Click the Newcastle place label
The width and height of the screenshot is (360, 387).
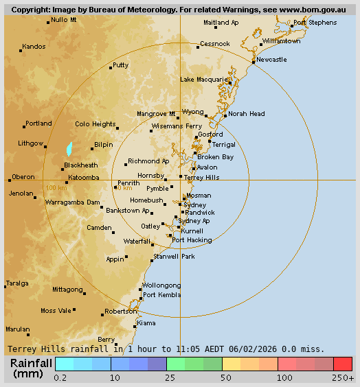click(x=271, y=60)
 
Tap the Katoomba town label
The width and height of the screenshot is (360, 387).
click(x=83, y=178)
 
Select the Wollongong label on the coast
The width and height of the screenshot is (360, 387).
click(x=161, y=285)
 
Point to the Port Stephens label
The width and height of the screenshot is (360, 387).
click(x=315, y=23)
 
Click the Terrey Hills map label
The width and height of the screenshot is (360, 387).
click(x=202, y=177)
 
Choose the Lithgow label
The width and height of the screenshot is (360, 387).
click(x=30, y=143)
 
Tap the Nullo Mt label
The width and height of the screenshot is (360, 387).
click(x=64, y=20)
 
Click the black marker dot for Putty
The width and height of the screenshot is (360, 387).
click(x=111, y=68)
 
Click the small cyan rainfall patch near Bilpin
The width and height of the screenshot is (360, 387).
click(x=69, y=149)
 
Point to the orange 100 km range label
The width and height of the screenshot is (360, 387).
click(x=56, y=187)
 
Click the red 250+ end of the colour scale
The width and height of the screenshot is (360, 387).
click(x=343, y=364)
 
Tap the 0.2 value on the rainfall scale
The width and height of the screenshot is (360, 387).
click(x=60, y=377)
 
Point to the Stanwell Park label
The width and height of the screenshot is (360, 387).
click(x=174, y=256)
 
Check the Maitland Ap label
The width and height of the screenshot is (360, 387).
click(x=221, y=23)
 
